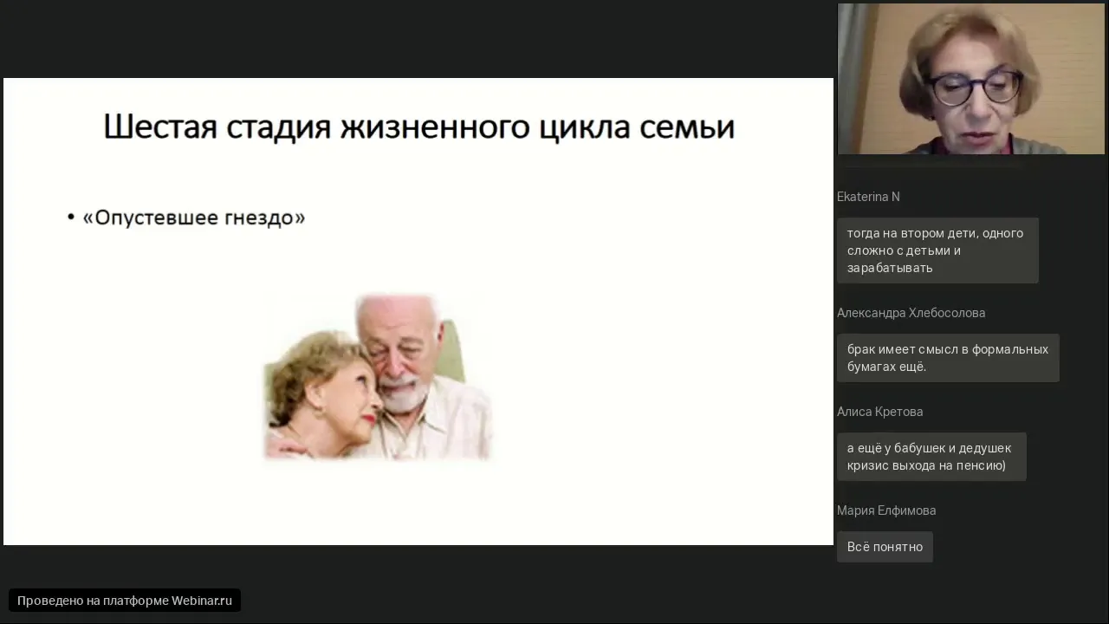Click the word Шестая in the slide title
pyautogui.click(x=160, y=127)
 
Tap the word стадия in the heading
pyautogui.click(x=279, y=127)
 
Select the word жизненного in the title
pyautogui.click(x=435, y=127)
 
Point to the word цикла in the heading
pyautogui.click(x=584, y=127)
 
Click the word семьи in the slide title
pyautogui.click(x=687, y=127)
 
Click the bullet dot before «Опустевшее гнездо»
pyautogui.click(x=71, y=217)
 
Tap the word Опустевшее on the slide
pyautogui.click(x=156, y=218)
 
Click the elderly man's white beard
pyautogui.click(x=405, y=394)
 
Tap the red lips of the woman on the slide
pyautogui.click(x=370, y=420)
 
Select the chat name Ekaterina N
pyautogui.click(x=868, y=197)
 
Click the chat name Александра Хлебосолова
pyautogui.click(x=911, y=313)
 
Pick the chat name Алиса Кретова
pyautogui.click(x=879, y=412)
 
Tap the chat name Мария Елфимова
pyautogui.click(x=886, y=510)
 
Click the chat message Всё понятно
pyautogui.click(x=885, y=547)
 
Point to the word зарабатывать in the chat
pyautogui.click(x=890, y=268)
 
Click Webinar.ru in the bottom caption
pyautogui.click(x=202, y=601)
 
